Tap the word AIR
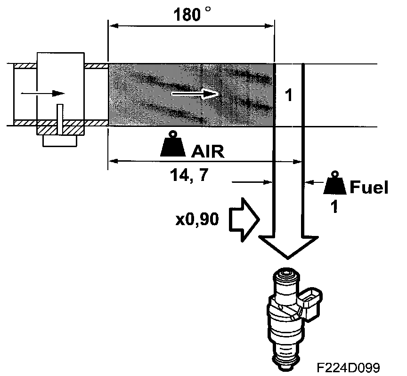[x=208, y=151]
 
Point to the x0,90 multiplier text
[x=197, y=219]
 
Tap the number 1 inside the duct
[x=289, y=95]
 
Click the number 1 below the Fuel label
[x=334, y=207]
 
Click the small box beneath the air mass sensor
[x=60, y=140]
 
